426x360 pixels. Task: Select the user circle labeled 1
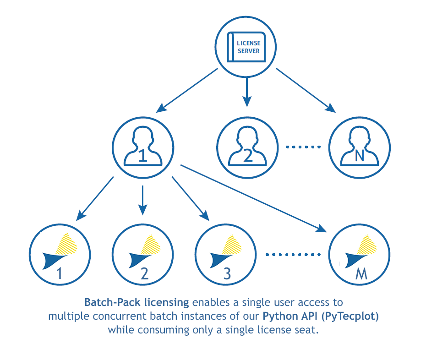point(142,147)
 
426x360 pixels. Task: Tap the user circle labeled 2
point(247,147)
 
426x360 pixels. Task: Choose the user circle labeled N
point(359,147)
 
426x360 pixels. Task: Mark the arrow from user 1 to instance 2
point(143,200)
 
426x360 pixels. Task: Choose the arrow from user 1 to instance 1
point(96,197)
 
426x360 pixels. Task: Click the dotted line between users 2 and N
point(303,147)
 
